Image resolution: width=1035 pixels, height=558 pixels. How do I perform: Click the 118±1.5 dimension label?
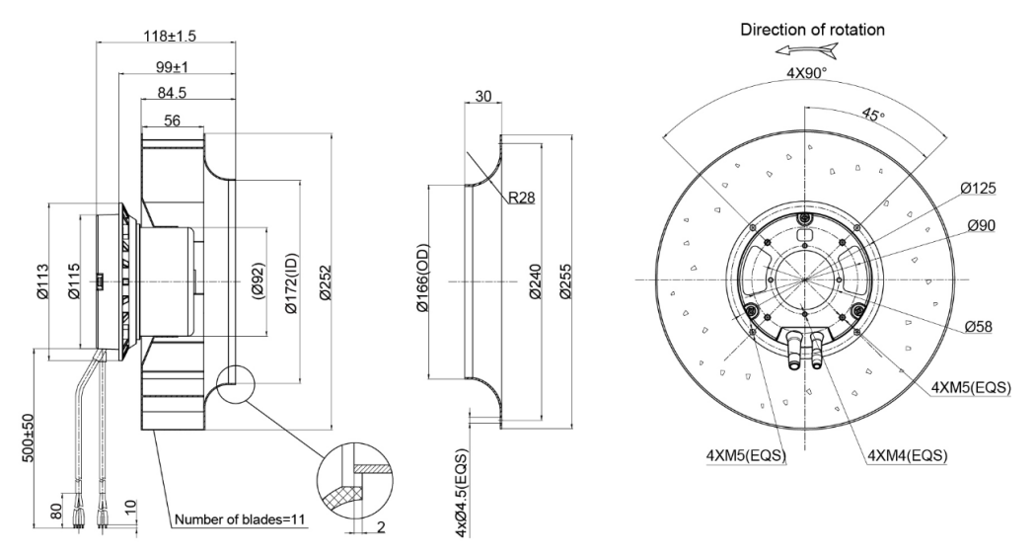170,36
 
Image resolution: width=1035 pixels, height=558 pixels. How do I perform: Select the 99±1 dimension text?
173,67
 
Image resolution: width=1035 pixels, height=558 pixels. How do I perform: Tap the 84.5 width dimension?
172,93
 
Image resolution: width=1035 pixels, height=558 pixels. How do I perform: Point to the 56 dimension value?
173,120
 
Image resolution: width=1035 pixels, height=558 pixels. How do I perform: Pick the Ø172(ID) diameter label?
291,282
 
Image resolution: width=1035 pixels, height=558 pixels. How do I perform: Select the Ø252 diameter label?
324,282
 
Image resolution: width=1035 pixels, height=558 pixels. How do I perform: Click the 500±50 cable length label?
29,438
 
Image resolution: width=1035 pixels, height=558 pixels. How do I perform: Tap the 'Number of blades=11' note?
241,519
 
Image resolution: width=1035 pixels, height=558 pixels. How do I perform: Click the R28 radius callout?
522,197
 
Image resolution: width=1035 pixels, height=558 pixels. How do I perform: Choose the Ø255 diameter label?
565,282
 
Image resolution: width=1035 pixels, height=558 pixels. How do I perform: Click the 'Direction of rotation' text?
813,30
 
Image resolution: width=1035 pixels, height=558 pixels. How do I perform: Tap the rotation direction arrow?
807,50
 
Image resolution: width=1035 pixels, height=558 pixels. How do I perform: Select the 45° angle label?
872,115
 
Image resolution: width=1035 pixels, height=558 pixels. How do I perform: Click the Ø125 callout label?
978,189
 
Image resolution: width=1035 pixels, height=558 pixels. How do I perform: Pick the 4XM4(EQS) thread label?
908,455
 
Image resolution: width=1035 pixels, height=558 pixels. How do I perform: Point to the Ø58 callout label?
978,326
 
